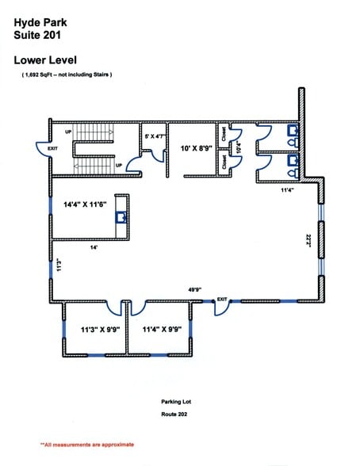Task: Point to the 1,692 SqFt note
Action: click(x=67, y=74)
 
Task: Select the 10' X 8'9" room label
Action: click(x=196, y=147)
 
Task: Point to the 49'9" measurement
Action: click(x=194, y=290)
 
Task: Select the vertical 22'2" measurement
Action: click(x=307, y=239)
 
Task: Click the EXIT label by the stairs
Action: click(x=52, y=148)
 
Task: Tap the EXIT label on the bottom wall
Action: click(x=223, y=300)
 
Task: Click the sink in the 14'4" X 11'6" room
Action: click(x=121, y=216)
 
